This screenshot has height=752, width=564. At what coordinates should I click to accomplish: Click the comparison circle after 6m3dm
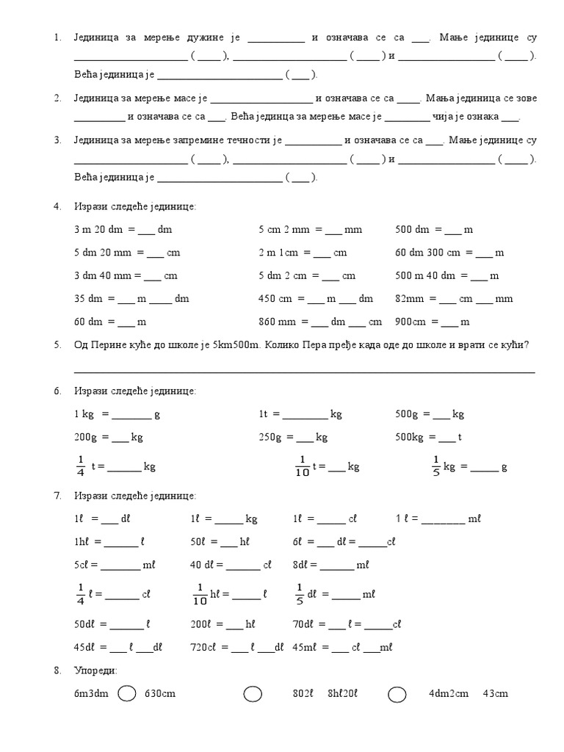click(126, 694)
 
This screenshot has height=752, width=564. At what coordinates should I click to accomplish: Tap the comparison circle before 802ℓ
click(253, 694)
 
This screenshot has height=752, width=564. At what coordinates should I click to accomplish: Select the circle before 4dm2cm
click(397, 694)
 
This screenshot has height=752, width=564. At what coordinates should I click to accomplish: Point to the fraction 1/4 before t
click(80, 466)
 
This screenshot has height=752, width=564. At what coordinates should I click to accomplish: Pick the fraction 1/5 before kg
click(435, 466)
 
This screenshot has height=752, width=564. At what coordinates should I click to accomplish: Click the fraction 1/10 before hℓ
click(200, 593)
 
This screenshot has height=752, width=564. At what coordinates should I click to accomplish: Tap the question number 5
click(57, 345)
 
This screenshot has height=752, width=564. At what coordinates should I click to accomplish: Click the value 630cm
click(160, 694)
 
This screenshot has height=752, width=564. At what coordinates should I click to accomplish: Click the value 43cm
click(496, 694)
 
